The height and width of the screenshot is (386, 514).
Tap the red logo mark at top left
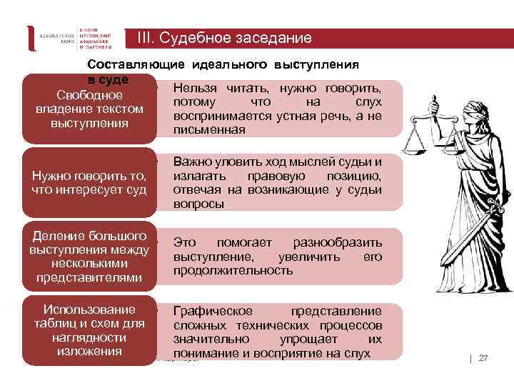(x=31, y=38)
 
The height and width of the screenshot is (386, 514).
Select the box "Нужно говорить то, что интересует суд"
(x=89, y=183)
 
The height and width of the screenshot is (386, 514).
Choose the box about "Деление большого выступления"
(x=89, y=256)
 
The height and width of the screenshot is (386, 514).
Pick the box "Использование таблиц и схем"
(x=89, y=330)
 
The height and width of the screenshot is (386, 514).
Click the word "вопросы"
(x=198, y=204)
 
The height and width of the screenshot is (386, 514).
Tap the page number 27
(x=483, y=357)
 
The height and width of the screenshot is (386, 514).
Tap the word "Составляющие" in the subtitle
(x=136, y=64)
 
